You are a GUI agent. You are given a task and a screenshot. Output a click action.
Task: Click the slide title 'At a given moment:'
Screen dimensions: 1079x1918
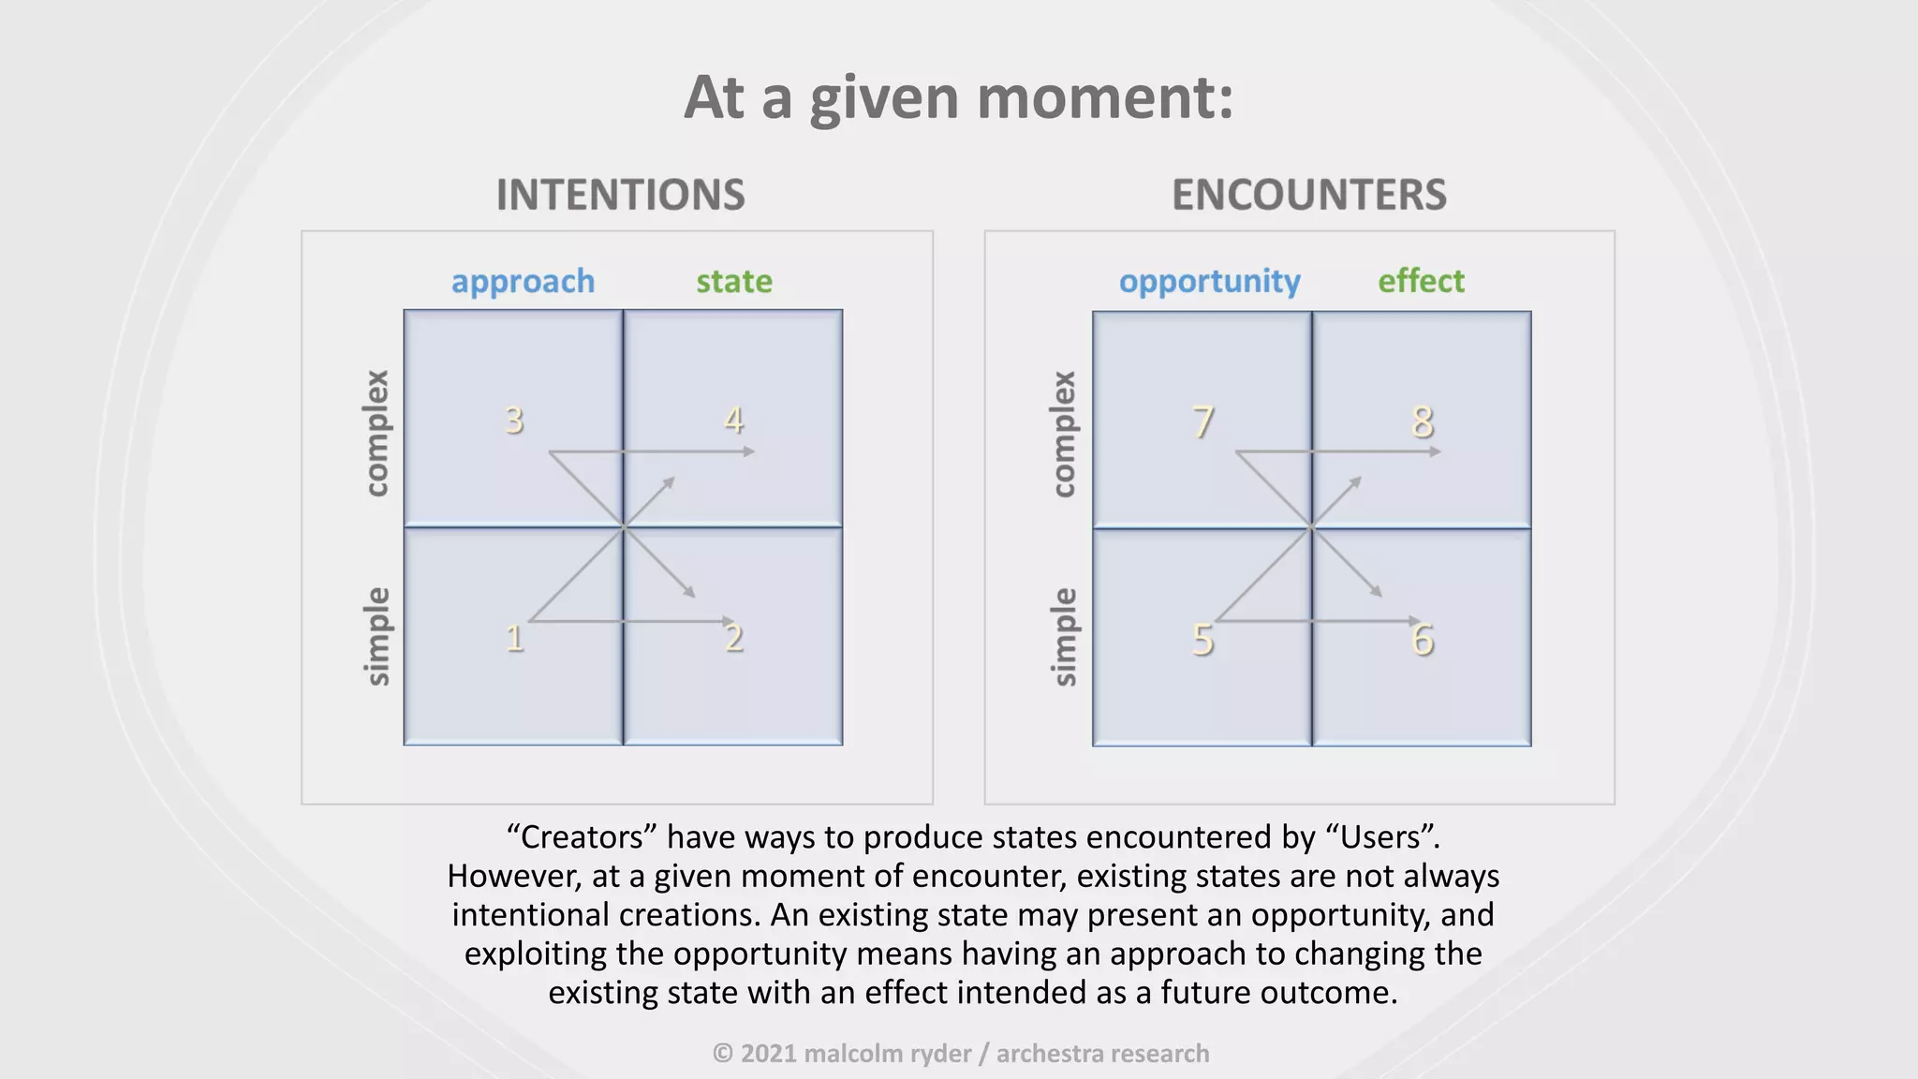tap(958, 97)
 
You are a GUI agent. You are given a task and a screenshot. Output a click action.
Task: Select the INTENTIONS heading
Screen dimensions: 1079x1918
tap(620, 195)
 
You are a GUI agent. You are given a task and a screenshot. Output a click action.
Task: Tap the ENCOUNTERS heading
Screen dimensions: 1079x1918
tap(1308, 195)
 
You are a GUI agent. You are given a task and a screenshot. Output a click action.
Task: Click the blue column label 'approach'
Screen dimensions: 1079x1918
tap(523, 282)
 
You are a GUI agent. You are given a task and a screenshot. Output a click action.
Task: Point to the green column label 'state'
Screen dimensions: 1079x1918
tap(734, 281)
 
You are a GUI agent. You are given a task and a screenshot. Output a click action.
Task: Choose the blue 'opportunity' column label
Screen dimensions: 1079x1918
tap(1209, 282)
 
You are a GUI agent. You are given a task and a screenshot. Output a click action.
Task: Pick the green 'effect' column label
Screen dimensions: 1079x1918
tap(1421, 281)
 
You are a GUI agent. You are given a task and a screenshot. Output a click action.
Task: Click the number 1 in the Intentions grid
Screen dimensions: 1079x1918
tap(514, 639)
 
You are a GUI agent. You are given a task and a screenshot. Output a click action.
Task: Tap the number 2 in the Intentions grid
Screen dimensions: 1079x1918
tap(734, 639)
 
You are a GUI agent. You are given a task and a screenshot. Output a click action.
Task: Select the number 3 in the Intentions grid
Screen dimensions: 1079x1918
tap(514, 421)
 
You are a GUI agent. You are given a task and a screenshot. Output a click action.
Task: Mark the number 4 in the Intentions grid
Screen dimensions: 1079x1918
tap(734, 421)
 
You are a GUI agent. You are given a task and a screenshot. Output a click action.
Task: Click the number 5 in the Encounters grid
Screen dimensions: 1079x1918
tap(1202, 641)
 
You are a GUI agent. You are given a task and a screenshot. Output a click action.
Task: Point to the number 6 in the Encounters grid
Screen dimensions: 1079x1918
tap(1423, 641)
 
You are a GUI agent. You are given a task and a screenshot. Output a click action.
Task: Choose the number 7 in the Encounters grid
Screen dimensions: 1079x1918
tap(1202, 422)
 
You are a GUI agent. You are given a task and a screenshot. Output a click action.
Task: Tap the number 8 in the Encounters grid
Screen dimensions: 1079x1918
tap(1423, 422)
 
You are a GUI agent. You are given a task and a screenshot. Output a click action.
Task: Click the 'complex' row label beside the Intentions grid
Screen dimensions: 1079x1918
tap(376, 433)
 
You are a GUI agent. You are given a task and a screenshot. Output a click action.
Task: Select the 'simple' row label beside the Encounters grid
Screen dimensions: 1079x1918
tap(1064, 637)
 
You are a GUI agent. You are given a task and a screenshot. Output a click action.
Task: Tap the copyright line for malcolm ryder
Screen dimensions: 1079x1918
tap(960, 1054)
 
